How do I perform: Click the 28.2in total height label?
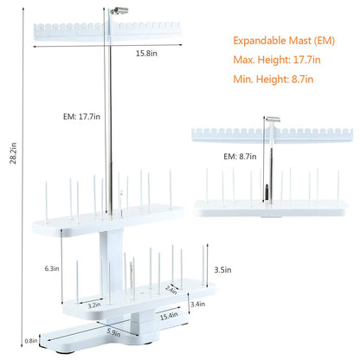coord(14,153)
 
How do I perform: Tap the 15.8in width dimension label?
coord(146,54)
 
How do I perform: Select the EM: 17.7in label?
coord(81,117)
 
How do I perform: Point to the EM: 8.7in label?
coord(240,157)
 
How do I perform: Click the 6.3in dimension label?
coord(52,268)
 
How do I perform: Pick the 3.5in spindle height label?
coord(222,270)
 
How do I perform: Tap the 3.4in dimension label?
coord(198,304)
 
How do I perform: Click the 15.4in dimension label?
coord(169,316)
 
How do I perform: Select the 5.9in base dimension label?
coord(113,332)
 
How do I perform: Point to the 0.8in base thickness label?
coord(31,341)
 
